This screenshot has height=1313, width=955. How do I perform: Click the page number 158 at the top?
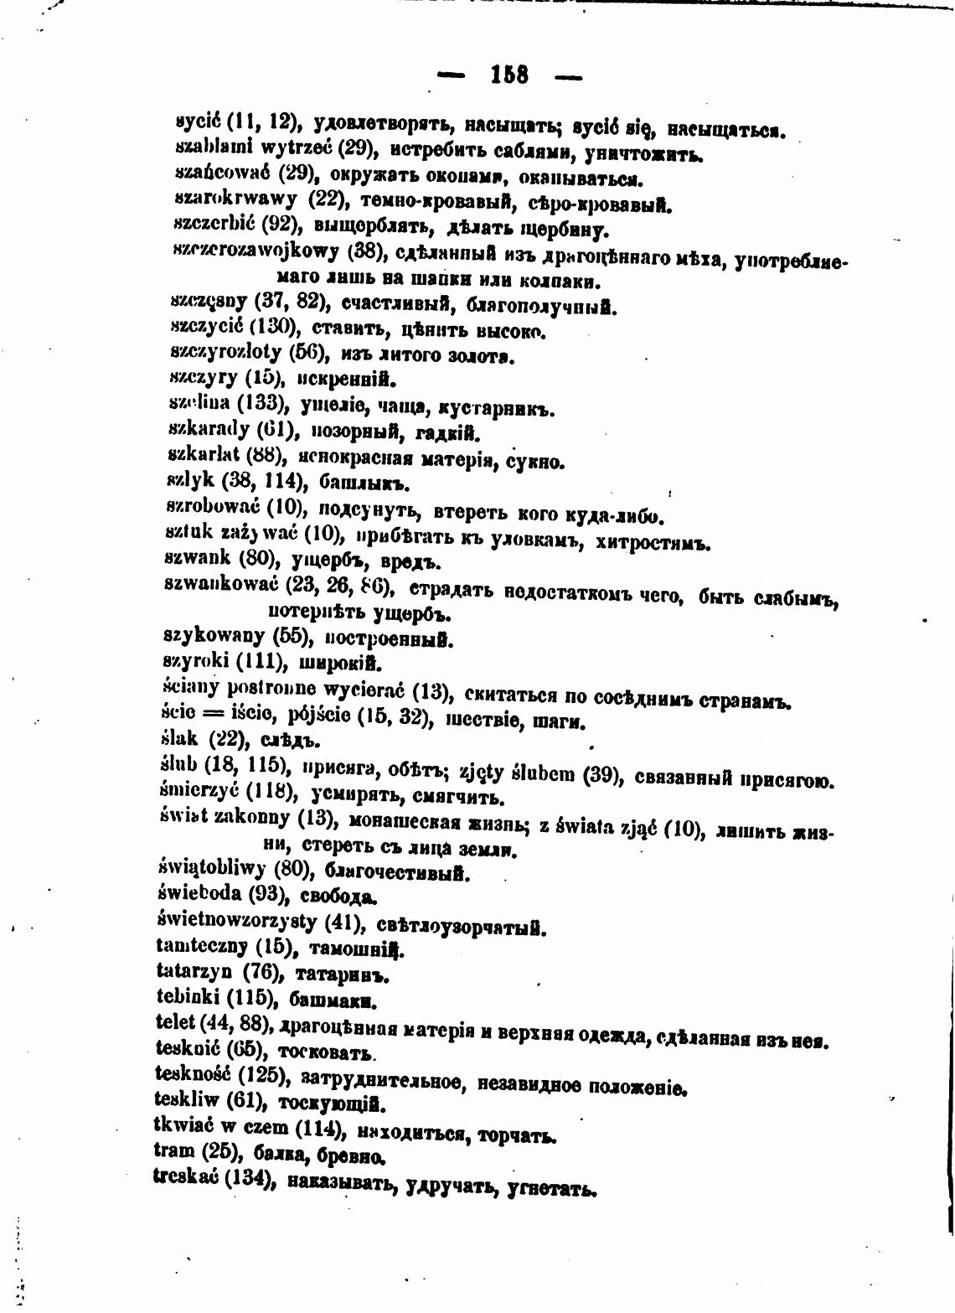tap(509, 75)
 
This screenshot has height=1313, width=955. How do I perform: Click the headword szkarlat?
tap(204, 456)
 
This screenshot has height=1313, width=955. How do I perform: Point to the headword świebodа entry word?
tap(199, 893)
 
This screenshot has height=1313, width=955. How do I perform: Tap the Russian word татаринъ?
tap(343, 975)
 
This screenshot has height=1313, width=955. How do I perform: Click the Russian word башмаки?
tap(333, 1000)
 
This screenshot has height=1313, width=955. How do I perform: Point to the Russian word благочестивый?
tap(395, 872)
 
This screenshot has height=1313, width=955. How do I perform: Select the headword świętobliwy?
tap(211, 869)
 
